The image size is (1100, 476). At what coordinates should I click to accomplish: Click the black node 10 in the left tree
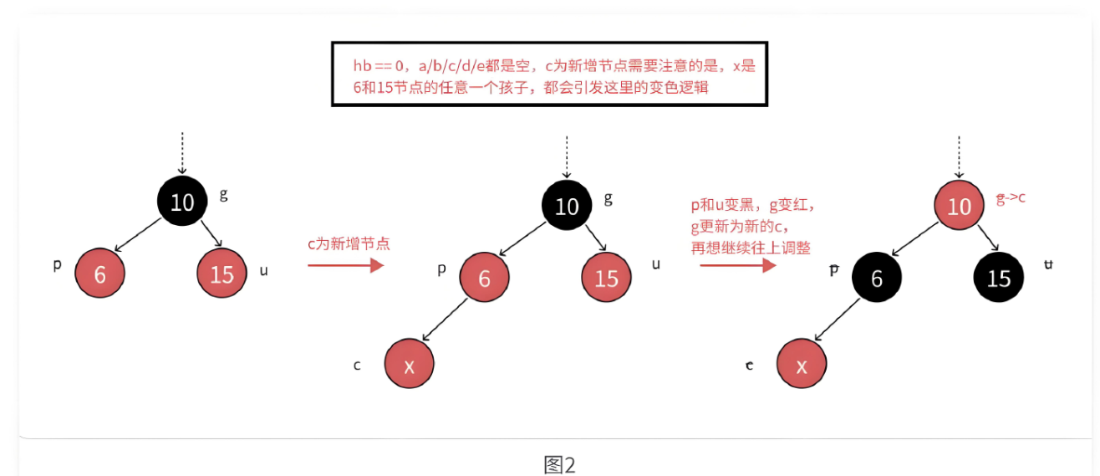[x=182, y=202]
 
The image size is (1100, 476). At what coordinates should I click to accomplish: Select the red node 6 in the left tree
[x=99, y=274]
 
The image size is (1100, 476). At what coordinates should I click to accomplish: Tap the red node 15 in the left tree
[x=222, y=274]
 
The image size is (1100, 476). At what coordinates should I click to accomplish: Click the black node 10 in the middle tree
[x=567, y=206]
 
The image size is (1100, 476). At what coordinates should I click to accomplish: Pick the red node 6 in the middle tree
[x=484, y=278]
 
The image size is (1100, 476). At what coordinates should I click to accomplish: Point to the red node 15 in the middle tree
[x=606, y=278]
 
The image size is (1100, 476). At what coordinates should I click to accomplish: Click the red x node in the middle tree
[x=409, y=366]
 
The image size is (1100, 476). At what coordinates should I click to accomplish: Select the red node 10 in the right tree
[x=959, y=206]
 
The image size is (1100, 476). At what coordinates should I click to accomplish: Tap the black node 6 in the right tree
[x=877, y=278]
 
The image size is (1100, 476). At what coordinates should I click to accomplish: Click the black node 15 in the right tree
[x=999, y=278]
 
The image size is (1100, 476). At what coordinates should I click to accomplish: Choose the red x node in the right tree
[x=802, y=366]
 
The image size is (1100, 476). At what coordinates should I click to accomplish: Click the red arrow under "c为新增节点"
[x=345, y=265]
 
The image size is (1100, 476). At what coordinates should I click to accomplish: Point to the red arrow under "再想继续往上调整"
[x=738, y=265]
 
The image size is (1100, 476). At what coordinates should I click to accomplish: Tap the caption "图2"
[x=560, y=464]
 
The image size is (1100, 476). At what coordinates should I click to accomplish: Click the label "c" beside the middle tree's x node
[x=357, y=365]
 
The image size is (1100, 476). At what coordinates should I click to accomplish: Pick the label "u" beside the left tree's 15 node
[x=264, y=270]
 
